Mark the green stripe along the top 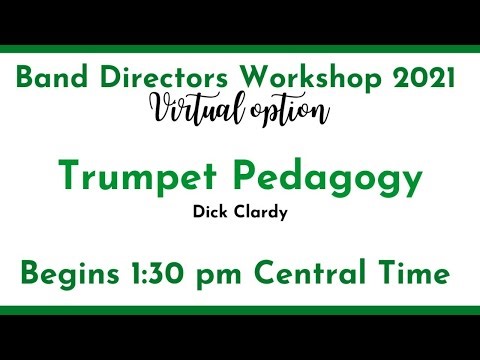tap(240, 51)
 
